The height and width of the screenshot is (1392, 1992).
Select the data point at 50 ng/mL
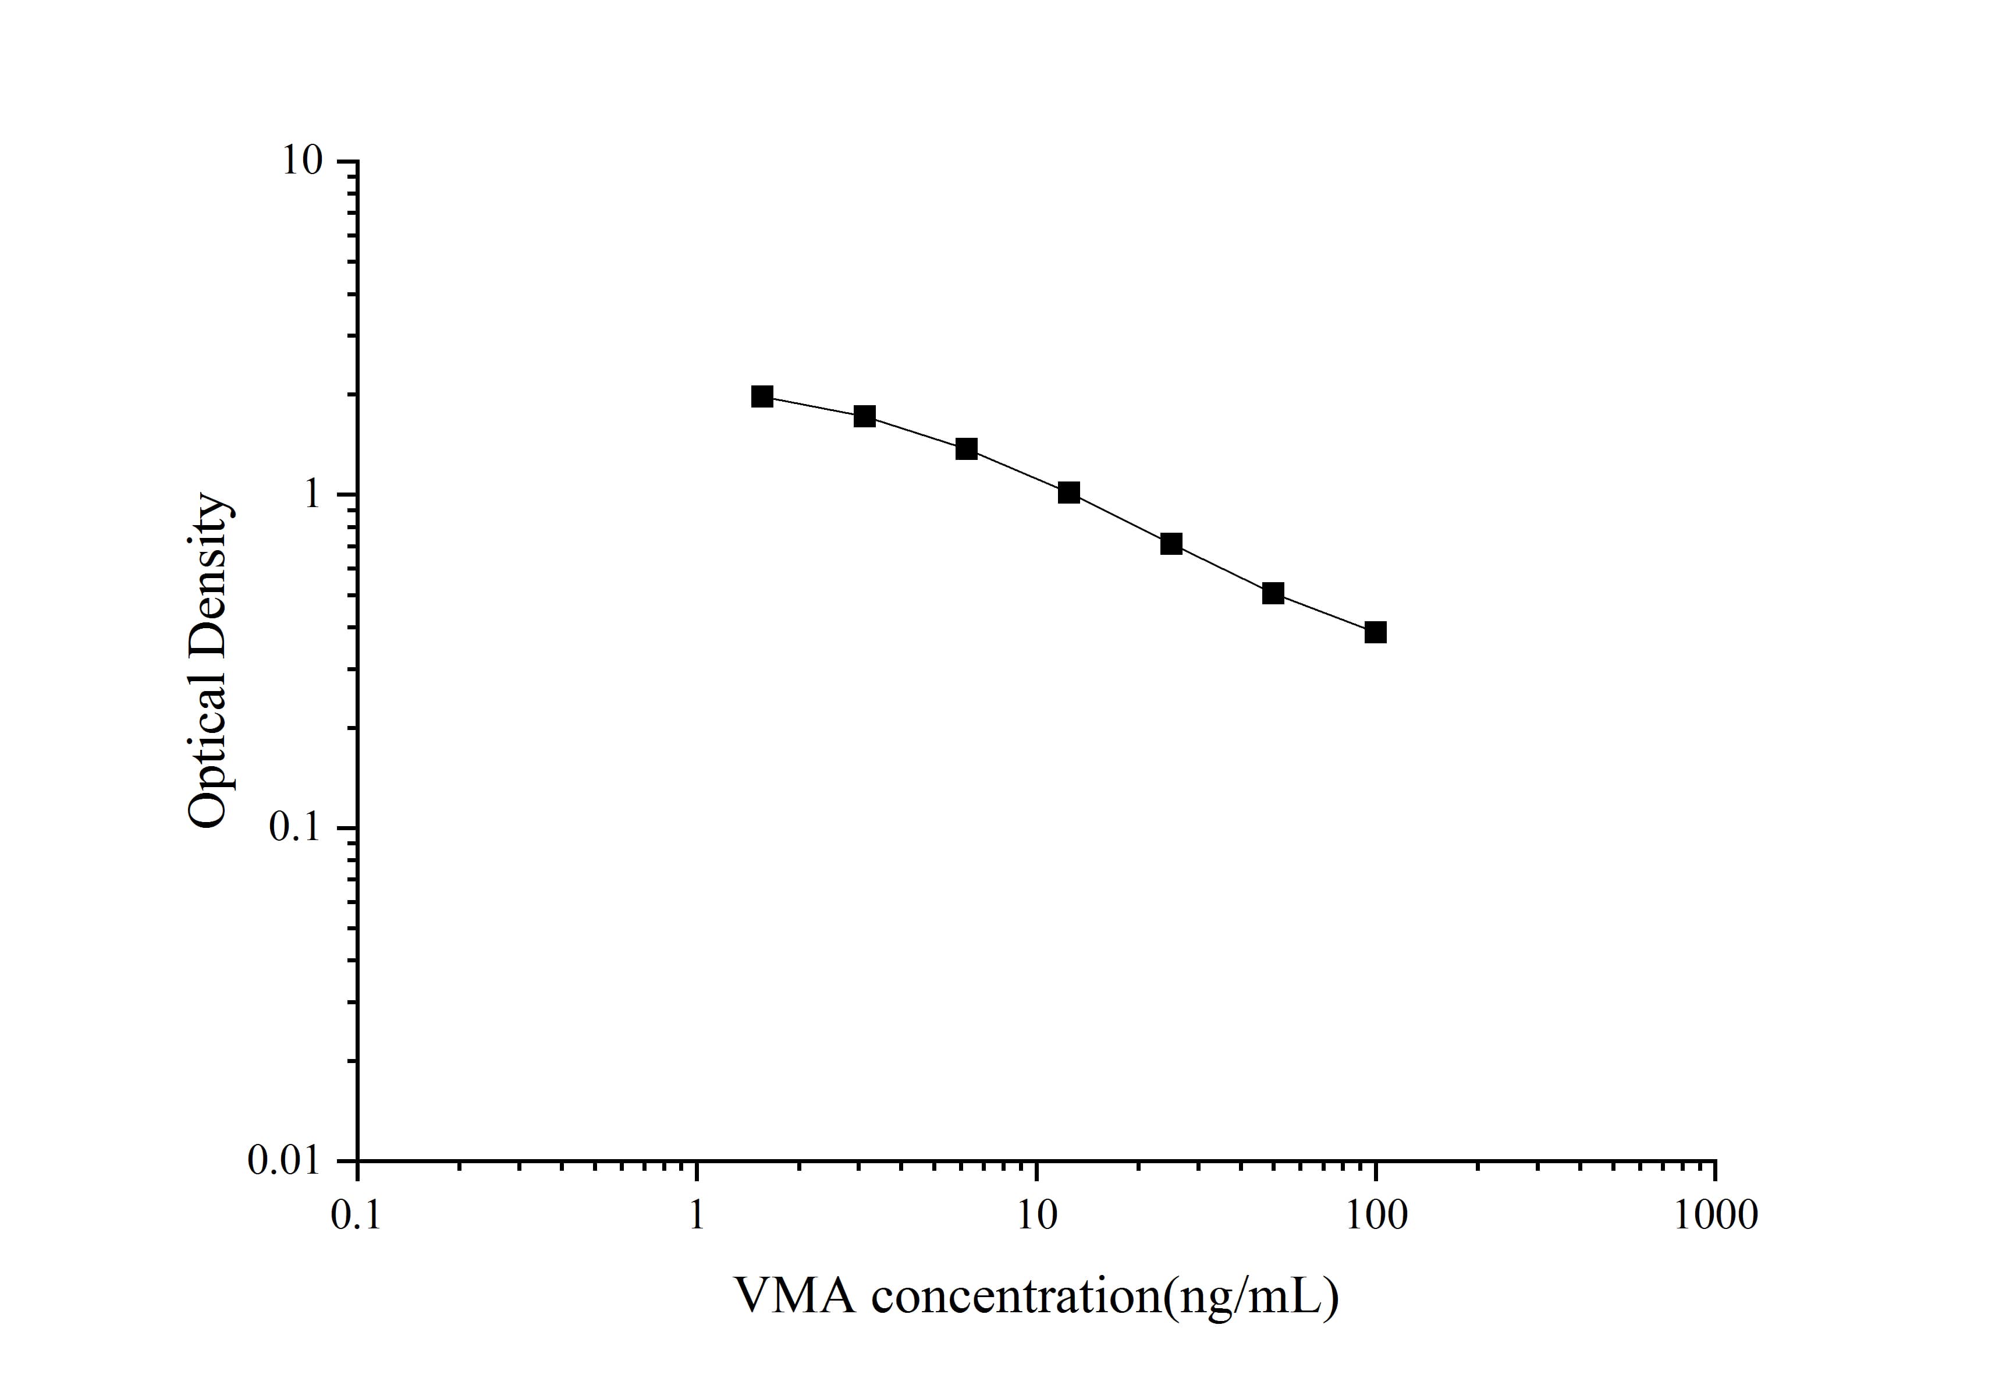point(1273,594)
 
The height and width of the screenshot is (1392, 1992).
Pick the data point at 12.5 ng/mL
point(1069,493)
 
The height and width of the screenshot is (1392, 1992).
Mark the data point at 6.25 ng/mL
point(967,449)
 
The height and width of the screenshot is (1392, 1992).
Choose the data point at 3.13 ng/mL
point(865,417)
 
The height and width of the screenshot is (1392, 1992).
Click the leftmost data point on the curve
point(762,396)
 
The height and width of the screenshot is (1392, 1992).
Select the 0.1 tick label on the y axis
point(295,827)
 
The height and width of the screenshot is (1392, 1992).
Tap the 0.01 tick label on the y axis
point(285,1160)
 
